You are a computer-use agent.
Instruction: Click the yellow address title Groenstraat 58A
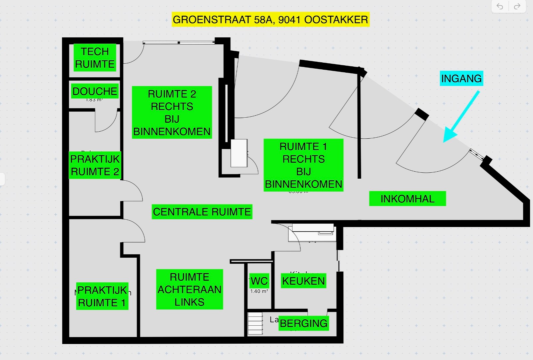pyautogui.click(x=270, y=20)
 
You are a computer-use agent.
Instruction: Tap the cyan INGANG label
pyautogui.click(x=461, y=79)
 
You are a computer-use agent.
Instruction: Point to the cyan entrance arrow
pyautogui.click(x=461, y=117)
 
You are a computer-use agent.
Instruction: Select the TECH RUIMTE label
pyautogui.click(x=95, y=58)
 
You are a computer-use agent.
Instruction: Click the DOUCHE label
pyautogui.click(x=95, y=91)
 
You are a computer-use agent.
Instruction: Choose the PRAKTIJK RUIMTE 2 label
pyautogui.click(x=95, y=165)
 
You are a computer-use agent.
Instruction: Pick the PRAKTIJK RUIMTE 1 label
pyautogui.click(x=102, y=296)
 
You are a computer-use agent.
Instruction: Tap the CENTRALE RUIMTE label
pyautogui.click(x=202, y=212)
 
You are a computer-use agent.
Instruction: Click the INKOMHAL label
pyautogui.click(x=407, y=199)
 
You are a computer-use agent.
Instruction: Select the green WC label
pyautogui.click(x=259, y=281)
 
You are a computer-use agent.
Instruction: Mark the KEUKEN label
pyautogui.click(x=303, y=281)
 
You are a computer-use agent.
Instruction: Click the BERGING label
pyautogui.click(x=303, y=323)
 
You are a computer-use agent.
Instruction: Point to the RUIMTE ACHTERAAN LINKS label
pyautogui.click(x=190, y=289)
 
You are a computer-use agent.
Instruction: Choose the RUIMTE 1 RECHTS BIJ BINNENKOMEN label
pyautogui.click(x=303, y=165)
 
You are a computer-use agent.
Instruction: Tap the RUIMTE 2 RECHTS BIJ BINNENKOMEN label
pyautogui.click(x=172, y=113)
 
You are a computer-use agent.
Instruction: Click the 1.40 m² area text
pyautogui.click(x=259, y=291)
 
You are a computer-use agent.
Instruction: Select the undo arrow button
pyautogui.click(x=500, y=6)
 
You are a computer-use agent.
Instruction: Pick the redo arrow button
pyautogui.click(x=517, y=6)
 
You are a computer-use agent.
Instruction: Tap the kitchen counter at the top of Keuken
pyautogui.click(x=312, y=230)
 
